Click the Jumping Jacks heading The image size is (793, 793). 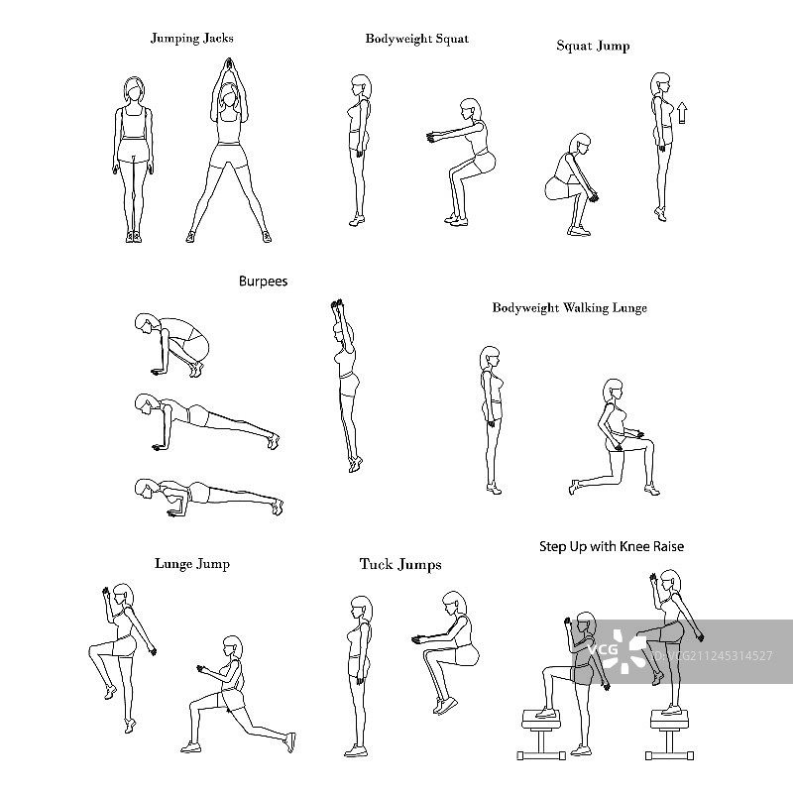(192, 39)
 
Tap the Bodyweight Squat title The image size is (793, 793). (417, 39)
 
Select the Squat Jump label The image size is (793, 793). (593, 46)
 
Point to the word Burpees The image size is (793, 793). (263, 282)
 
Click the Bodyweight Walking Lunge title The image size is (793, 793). (569, 308)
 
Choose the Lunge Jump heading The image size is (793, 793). (192, 564)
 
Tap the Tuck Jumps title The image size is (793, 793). (400, 564)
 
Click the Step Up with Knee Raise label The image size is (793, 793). (612, 547)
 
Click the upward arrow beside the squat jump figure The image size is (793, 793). (682, 113)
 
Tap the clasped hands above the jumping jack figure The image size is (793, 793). (228, 64)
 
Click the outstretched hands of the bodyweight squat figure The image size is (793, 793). (432, 137)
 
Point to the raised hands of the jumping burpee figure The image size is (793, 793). (337, 304)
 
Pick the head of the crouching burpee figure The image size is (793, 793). (146, 324)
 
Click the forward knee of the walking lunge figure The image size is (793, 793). (649, 443)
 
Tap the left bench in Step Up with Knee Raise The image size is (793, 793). (541, 735)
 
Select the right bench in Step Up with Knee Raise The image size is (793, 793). (669, 735)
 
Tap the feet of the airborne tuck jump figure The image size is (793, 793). (444, 706)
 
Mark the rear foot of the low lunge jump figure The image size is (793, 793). (290, 741)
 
